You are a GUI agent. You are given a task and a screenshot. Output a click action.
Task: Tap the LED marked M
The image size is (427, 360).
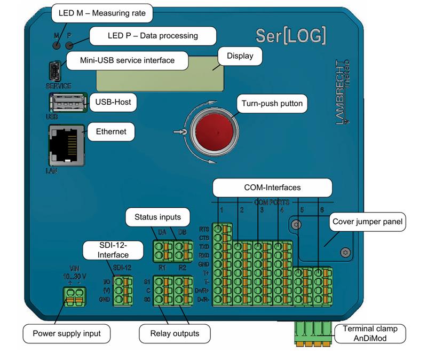click(57, 44)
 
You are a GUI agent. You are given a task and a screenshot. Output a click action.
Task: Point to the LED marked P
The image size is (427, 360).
click(69, 44)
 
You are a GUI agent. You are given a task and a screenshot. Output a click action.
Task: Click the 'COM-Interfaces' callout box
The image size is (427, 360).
click(272, 188)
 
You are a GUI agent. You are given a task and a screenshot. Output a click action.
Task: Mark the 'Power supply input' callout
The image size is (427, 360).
click(67, 334)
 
